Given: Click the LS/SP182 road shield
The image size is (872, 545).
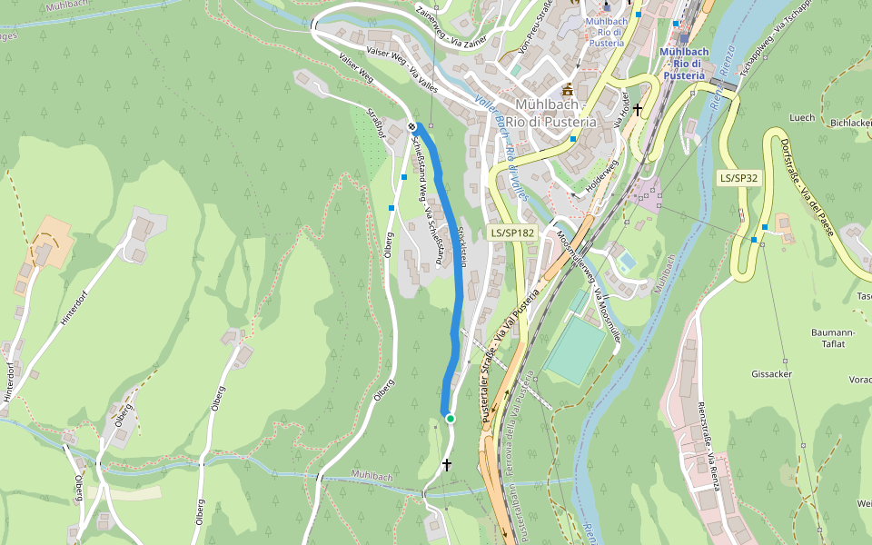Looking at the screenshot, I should click(x=512, y=233).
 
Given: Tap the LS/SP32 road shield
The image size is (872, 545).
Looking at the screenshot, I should click(x=738, y=178).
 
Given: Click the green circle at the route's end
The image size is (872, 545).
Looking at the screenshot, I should click(x=450, y=418).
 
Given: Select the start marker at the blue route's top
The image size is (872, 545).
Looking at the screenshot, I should click(x=412, y=126).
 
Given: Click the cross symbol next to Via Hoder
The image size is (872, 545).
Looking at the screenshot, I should click(x=639, y=110).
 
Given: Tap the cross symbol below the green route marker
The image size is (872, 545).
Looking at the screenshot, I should click(x=446, y=464).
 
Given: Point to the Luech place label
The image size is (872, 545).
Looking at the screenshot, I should click(x=802, y=117).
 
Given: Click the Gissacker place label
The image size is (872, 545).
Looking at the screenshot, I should click(x=772, y=374).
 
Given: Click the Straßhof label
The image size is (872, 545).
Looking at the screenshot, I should click(x=375, y=124).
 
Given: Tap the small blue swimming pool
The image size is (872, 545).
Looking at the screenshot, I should click(x=626, y=262).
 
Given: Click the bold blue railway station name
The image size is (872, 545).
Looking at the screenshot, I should click(x=683, y=64).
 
